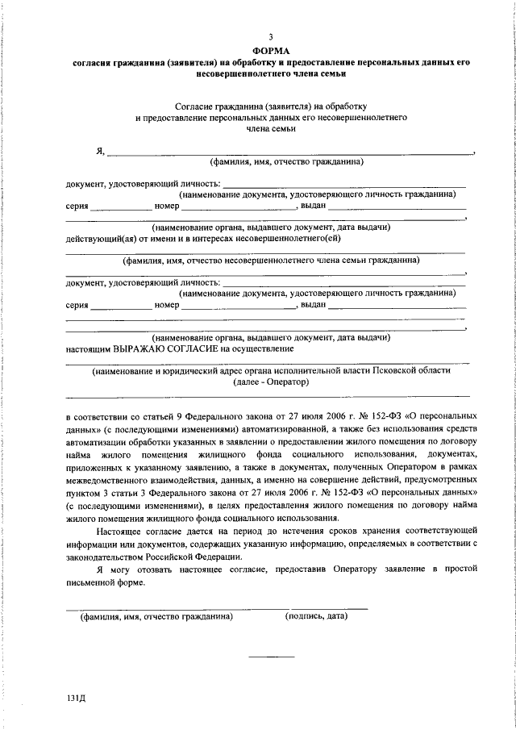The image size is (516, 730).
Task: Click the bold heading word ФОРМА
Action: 271,50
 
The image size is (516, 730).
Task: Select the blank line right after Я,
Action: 290,152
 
